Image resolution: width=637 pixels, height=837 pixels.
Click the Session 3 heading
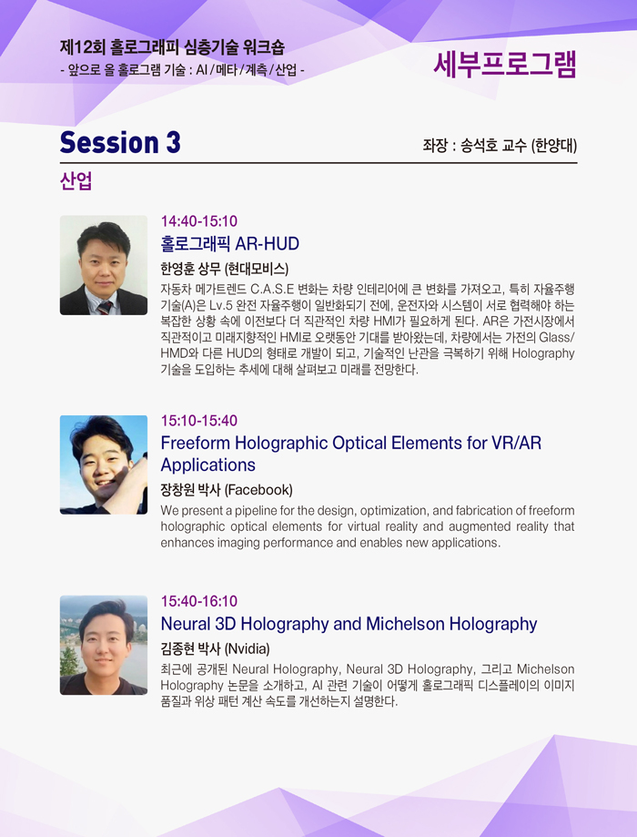tap(120, 142)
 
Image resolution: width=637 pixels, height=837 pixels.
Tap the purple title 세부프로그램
tap(505, 65)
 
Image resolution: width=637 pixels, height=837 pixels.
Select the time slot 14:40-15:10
tap(199, 221)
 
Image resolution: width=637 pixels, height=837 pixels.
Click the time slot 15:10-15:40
tap(199, 421)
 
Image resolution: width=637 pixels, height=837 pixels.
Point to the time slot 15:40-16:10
tap(199, 601)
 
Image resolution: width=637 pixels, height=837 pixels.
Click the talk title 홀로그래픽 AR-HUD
tap(230, 244)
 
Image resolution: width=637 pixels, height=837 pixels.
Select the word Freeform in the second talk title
tap(196, 443)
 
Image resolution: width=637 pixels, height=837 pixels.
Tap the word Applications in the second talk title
tap(208, 464)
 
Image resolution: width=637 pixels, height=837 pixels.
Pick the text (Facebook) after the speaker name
tap(258, 490)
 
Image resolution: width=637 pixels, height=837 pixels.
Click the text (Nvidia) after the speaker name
tap(247, 648)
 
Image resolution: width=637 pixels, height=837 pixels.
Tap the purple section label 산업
tap(76, 181)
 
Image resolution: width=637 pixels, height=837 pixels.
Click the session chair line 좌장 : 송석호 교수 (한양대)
tap(500, 145)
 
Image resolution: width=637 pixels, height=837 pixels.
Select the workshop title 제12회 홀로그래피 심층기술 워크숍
tap(172, 47)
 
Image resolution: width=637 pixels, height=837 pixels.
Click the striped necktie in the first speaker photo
tap(105, 307)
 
